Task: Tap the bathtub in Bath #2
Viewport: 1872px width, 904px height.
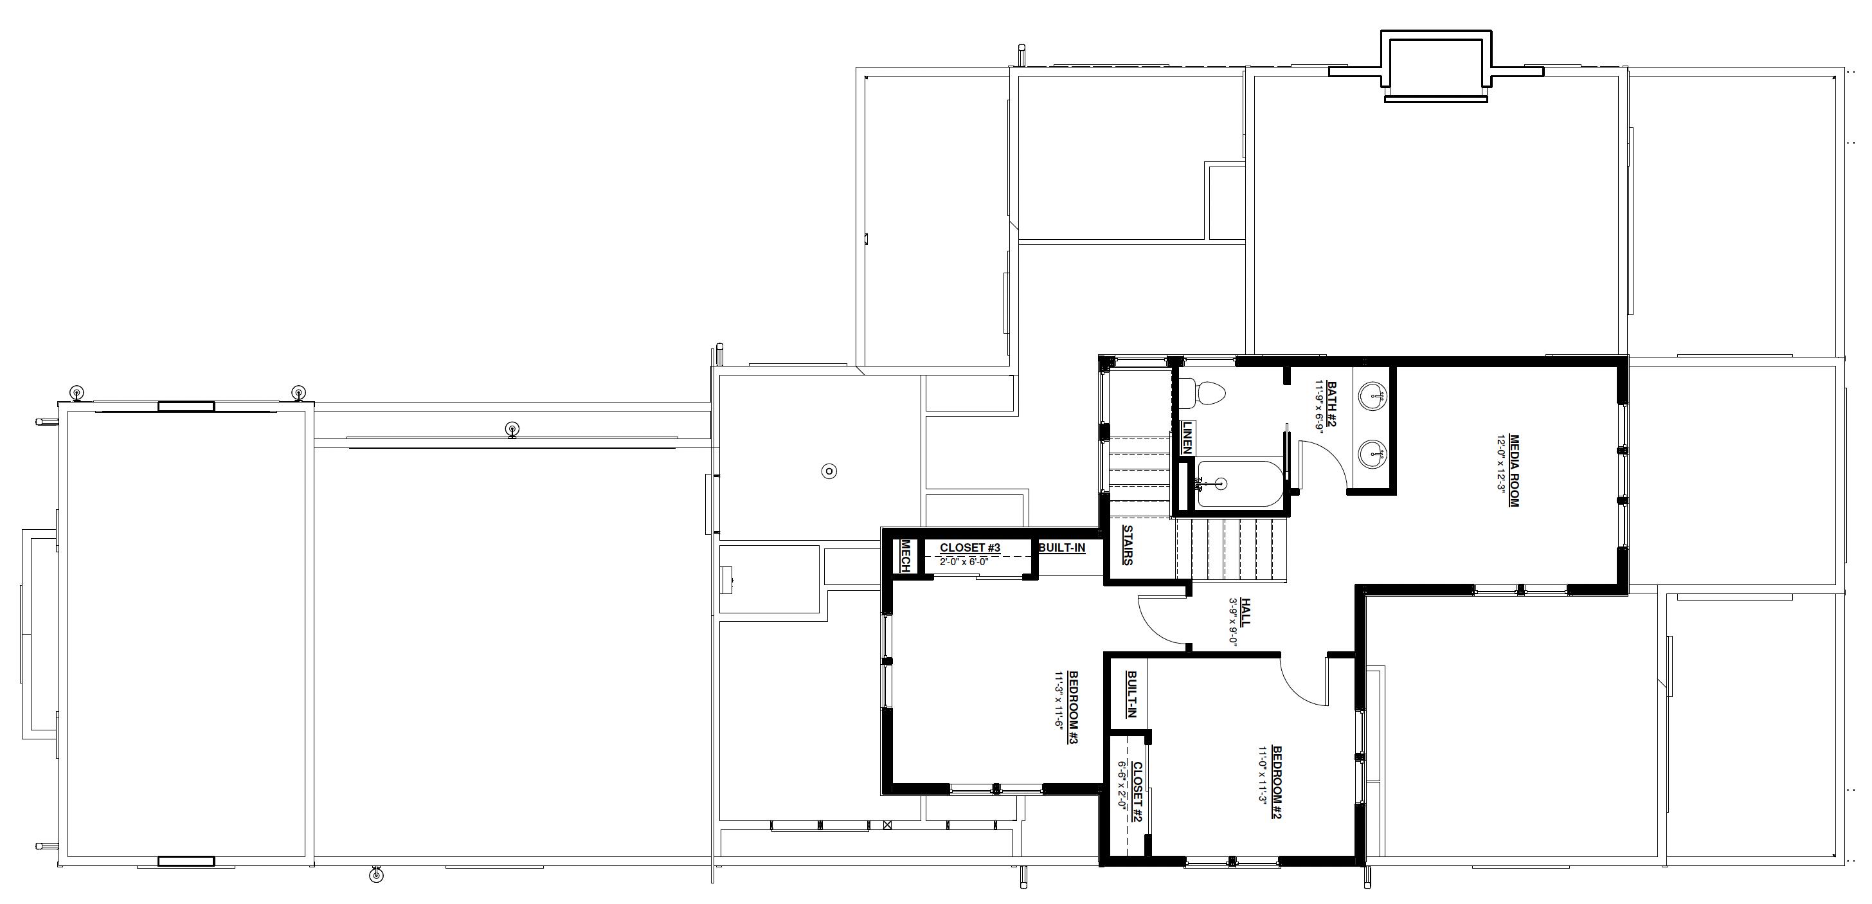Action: pos(1231,482)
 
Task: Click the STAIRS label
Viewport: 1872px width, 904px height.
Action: pos(1128,545)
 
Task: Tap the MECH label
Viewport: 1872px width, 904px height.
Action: pos(906,556)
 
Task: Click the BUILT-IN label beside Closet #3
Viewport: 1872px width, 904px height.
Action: pos(1062,547)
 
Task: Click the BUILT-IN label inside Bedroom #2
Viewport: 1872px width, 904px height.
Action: pos(1131,694)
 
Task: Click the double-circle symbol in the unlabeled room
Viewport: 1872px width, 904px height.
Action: pos(829,471)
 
